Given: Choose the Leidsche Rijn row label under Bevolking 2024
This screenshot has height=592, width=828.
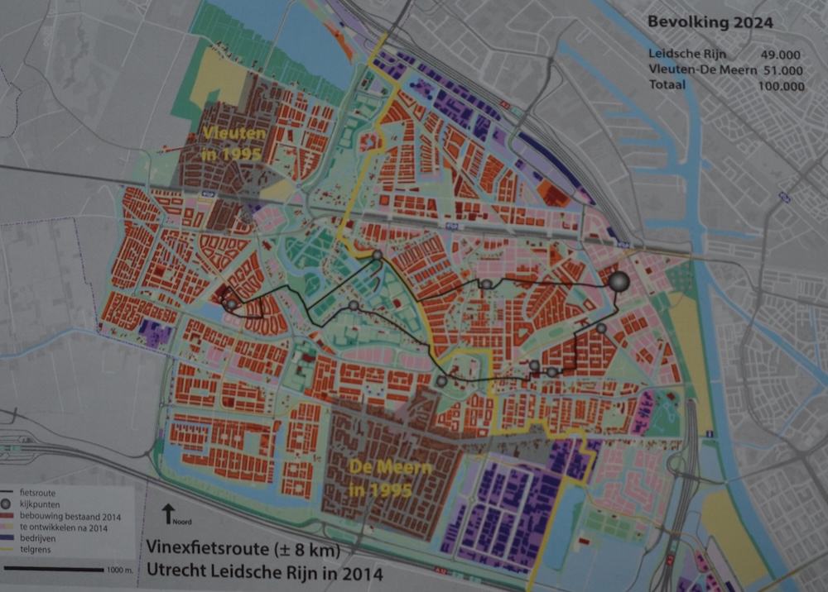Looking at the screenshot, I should [x=684, y=55].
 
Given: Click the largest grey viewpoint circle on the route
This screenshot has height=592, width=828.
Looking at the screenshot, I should [x=619, y=282].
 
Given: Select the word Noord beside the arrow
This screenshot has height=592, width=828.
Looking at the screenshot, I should [x=182, y=522].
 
